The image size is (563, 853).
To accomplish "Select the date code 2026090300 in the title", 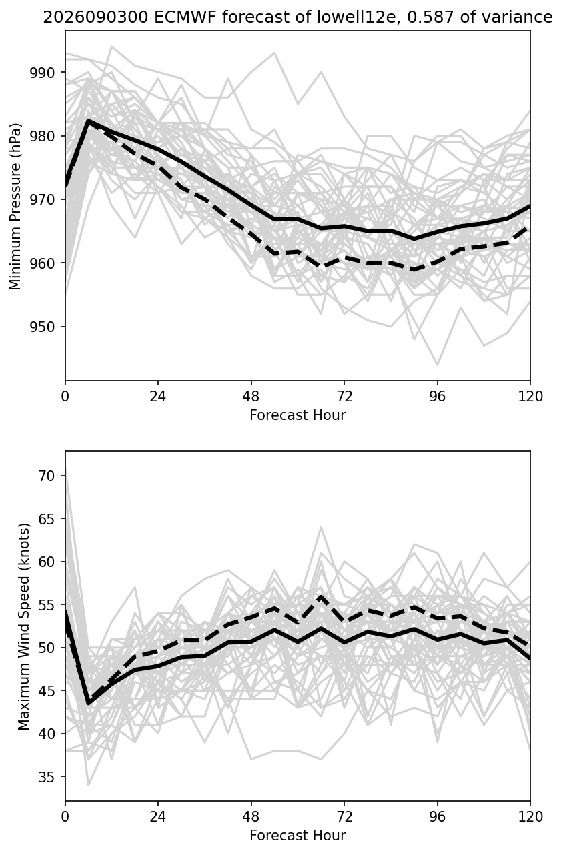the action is (95, 17).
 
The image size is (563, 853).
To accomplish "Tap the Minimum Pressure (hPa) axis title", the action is (15, 206).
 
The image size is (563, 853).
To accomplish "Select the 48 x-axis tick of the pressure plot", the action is (251, 396).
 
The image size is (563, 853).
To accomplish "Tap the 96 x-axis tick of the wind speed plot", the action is (438, 817).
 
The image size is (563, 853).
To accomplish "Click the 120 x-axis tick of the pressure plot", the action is (530, 396).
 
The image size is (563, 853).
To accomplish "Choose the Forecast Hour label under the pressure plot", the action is (298, 415).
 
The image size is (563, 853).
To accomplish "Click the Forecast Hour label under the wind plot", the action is (298, 836).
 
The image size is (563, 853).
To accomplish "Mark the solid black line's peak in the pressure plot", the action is (88, 120).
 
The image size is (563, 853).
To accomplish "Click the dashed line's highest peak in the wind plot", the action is (321, 597).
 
